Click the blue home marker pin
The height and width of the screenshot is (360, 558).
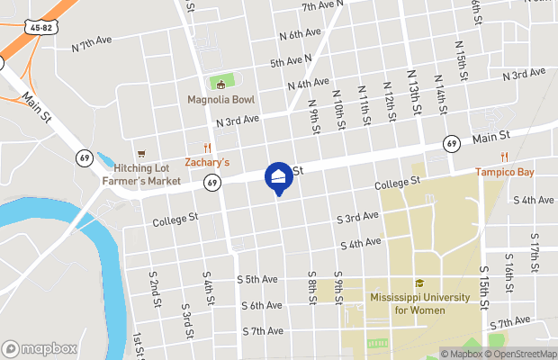pos(277,177)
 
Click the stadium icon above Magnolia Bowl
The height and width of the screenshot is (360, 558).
pos(220,84)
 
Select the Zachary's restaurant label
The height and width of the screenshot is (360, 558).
pos(207,163)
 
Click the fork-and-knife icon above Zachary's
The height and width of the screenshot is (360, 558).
pos(207,148)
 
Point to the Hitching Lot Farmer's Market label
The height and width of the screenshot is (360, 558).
pos(140,175)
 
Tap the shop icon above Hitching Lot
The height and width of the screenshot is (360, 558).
pos(140,154)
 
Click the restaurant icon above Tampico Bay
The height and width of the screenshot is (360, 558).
pos(529,157)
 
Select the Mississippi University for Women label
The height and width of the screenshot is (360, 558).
pos(419,303)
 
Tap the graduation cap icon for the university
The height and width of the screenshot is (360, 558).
pos(419,283)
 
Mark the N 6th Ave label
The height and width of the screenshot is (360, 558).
pos(300,34)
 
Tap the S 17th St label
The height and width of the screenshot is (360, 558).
pos(535,256)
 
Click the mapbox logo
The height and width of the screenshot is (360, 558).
pos(40,348)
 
